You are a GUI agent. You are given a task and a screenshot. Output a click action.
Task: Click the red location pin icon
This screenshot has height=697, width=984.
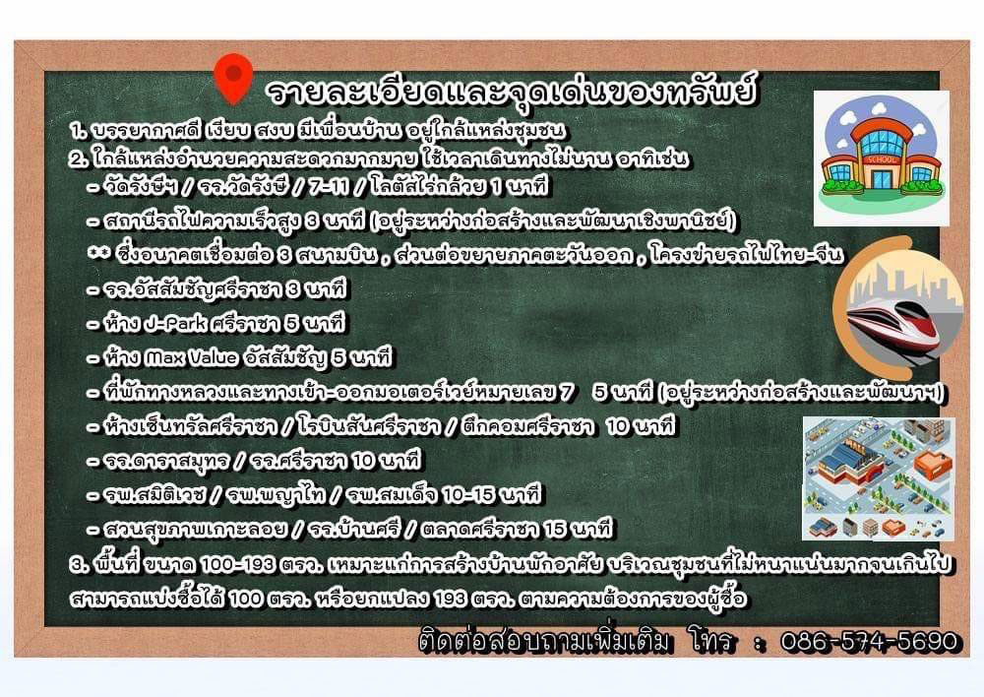(x=233, y=77)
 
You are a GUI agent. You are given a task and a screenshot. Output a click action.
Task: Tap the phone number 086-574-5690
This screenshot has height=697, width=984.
(x=870, y=641)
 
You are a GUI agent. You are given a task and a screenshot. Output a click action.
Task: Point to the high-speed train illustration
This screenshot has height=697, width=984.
(x=898, y=309)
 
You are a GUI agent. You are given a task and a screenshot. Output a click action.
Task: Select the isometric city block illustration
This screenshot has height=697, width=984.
(x=879, y=478)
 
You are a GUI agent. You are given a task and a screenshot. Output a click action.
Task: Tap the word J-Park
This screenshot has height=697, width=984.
(x=175, y=323)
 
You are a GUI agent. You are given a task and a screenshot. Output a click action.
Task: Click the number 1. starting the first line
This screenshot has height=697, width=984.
(x=78, y=131)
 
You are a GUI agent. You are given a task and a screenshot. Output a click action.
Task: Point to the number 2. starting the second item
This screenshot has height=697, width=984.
(x=80, y=158)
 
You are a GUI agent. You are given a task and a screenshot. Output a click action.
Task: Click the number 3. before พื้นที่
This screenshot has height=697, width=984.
(x=80, y=563)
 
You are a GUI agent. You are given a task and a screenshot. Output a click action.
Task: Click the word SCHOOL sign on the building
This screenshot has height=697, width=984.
(x=881, y=159)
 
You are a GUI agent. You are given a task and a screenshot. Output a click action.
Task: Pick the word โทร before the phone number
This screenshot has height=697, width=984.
(x=709, y=641)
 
